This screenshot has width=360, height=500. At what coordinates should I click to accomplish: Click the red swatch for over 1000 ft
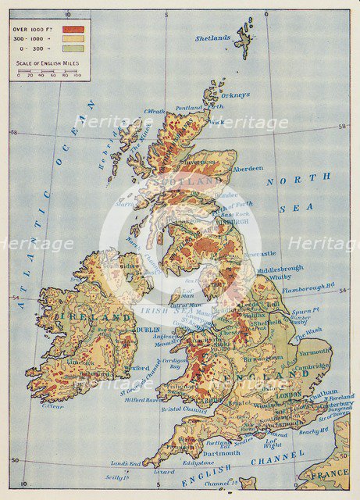coord(73,28)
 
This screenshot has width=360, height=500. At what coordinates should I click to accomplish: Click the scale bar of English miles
coord(50,70)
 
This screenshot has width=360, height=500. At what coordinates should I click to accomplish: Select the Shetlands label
coord(212,37)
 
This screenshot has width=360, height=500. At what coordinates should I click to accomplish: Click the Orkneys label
coord(236,95)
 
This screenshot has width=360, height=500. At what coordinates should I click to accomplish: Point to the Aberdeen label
coord(248,168)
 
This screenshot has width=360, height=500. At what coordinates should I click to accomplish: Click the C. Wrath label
coord(157,111)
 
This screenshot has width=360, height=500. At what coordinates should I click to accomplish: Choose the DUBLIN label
coord(148,330)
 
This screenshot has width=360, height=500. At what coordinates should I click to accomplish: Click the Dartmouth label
coord(222,452)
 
